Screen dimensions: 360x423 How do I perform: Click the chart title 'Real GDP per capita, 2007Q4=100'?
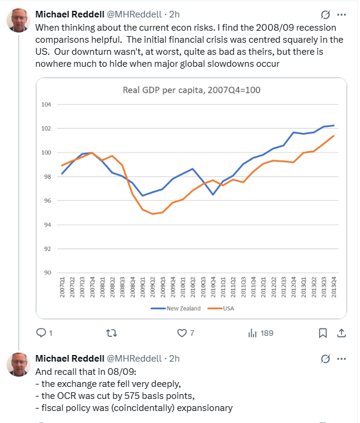[x=191, y=90]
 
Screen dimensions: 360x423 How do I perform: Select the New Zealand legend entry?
[x=176, y=308]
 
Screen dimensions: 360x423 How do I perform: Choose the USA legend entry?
[x=221, y=308]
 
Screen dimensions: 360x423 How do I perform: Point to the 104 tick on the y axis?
[x=46, y=105]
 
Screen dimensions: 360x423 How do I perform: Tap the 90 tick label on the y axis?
[x=48, y=273]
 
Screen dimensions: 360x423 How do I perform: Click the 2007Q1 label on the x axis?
[x=63, y=287]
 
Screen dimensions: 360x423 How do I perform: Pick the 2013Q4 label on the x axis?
[x=334, y=287]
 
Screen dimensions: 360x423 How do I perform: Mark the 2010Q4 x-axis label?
[x=213, y=287]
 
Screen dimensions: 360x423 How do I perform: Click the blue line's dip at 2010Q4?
[x=213, y=194]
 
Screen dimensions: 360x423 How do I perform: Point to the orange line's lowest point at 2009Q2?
[x=153, y=214]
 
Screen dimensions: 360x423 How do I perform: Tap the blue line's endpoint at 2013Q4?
[x=334, y=125]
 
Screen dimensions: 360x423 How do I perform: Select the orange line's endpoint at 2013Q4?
[x=334, y=136]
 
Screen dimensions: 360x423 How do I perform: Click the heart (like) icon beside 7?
[x=182, y=333]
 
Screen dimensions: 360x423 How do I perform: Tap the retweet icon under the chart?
[x=111, y=333]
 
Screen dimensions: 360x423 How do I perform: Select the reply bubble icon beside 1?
[x=41, y=333]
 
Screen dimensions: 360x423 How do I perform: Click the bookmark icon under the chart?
[x=323, y=333]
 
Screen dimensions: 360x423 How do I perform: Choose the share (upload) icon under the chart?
[x=341, y=333]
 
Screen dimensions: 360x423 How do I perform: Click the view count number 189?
[x=267, y=333]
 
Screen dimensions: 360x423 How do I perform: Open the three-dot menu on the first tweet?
[x=341, y=14]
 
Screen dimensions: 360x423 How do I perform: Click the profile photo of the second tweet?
[x=19, y=365]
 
